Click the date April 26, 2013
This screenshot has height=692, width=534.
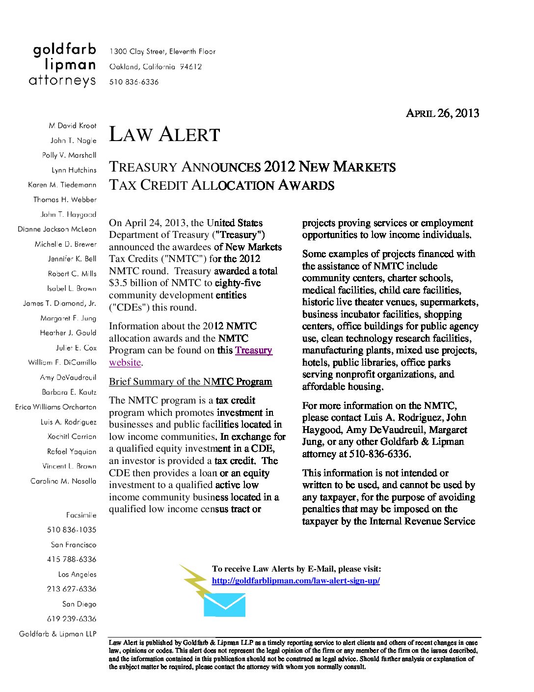(442, 113)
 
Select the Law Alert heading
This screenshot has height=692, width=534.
(164, 135)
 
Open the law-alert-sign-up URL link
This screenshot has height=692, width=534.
(295, 580)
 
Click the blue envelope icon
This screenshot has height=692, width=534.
(224, 605)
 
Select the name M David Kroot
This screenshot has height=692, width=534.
(73, 126)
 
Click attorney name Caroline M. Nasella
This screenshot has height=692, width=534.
(63, 481)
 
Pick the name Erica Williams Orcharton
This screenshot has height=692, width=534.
(55, 407)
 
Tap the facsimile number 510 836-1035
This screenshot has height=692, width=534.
(72, 530)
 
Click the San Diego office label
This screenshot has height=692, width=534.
(79, 604)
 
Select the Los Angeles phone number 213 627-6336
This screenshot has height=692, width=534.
(72, 589)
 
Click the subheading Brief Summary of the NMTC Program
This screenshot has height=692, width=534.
(190, 382)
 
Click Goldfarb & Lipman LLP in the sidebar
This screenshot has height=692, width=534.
(58, 634)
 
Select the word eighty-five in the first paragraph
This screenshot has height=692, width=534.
(238, 283)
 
